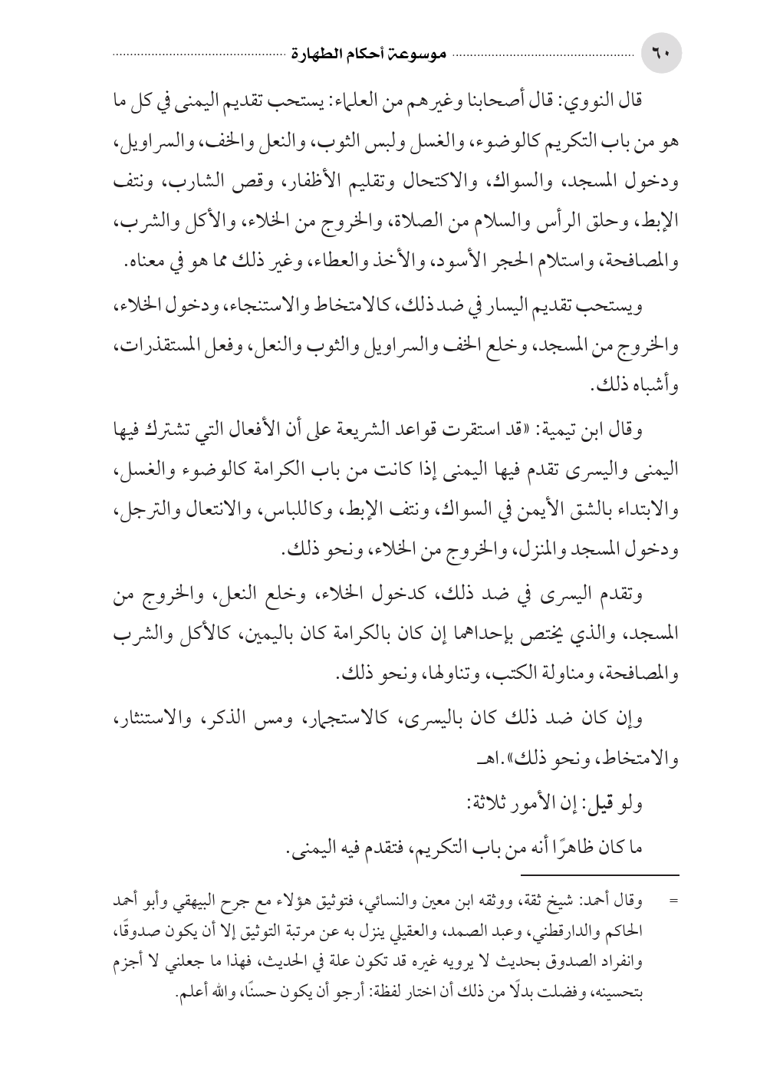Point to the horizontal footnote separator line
(x=599, y=875)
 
